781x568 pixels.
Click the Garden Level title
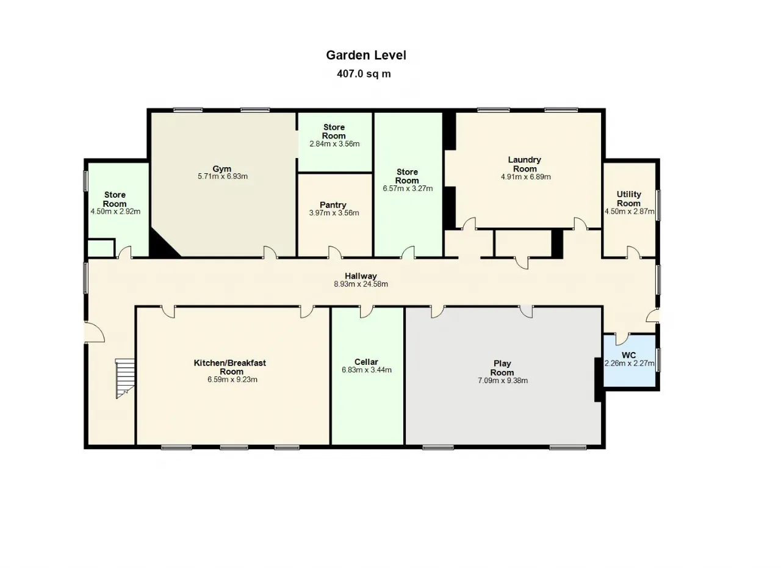click(366, 55)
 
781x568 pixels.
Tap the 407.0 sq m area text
click(364, 74)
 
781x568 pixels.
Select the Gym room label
click(221, 169)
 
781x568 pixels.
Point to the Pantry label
click(333, 204)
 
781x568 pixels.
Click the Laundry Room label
click(524, 164)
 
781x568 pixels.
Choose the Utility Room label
click(628, 199)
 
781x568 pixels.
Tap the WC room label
click(628, 355)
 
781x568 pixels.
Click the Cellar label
click(366, 362)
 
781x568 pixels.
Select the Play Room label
click(502, 368)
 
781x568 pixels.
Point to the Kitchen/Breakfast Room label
click(230, 367)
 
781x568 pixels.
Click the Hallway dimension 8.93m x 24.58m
click(361, 284)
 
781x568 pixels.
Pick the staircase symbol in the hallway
click(125, 378)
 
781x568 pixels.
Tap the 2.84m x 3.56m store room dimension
click(334, 144)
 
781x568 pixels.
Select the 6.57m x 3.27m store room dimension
click(408, 189)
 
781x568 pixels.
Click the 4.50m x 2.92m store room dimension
click(115, 211)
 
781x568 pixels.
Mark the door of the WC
click(622, 338)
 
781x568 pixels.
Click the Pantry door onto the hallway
click(336, 252)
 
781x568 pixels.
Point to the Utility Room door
click(634, 252)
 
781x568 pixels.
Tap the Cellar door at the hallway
click(367, 311)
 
